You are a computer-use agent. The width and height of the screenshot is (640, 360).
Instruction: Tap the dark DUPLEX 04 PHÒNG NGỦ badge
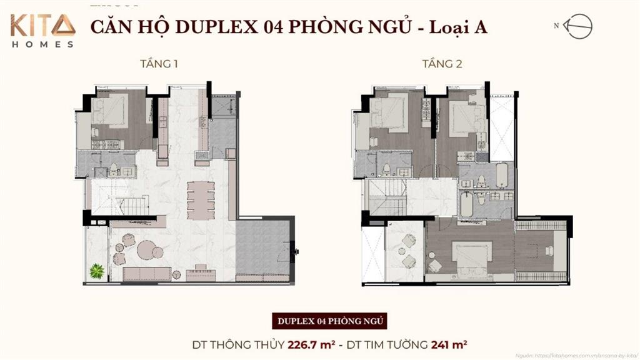coord(329,322)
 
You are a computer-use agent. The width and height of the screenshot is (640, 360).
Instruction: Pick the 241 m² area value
coord(450,344)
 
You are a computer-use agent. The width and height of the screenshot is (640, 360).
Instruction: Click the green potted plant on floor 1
coord(96,271)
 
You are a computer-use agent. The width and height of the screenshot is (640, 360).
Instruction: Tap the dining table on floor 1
coord(200,198)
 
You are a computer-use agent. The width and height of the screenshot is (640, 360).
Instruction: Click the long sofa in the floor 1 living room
coord(147,274)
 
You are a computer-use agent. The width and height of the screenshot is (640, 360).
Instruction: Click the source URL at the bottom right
coord(576,355)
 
